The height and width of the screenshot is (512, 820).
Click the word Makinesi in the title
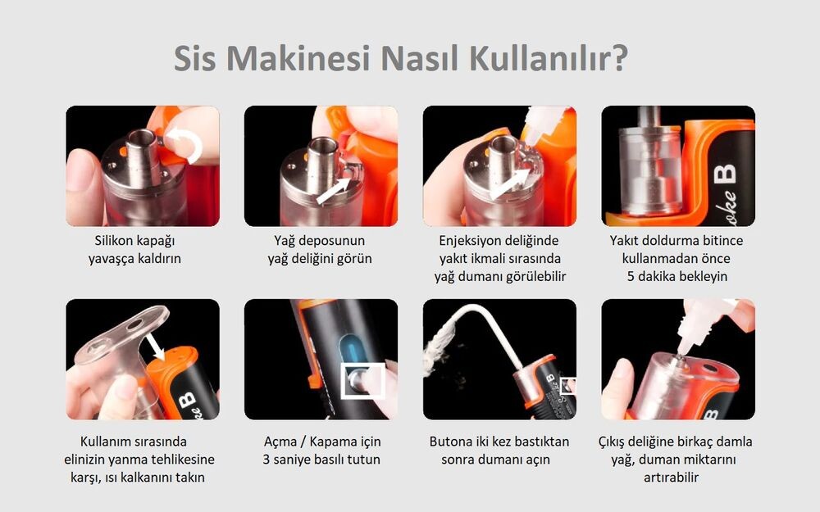[x=298, y=58]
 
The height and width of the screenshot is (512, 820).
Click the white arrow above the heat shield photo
[x=155, y=346]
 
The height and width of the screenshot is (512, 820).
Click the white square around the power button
[x=363, y=382]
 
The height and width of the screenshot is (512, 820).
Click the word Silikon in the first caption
[x=116, y=240]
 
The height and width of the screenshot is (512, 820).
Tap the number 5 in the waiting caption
[x=631, y=276]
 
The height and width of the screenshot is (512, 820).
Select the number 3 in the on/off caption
[x=266, y=460]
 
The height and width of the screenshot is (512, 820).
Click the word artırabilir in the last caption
[x=671, y=478]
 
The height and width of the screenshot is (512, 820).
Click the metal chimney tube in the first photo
[x=142, y=156]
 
